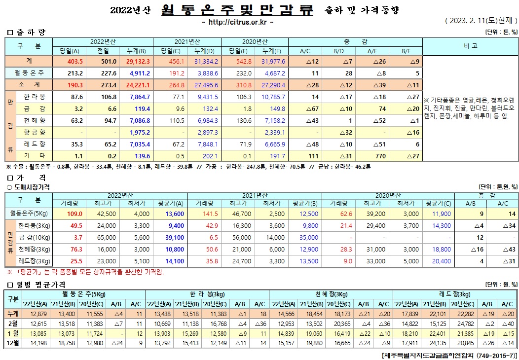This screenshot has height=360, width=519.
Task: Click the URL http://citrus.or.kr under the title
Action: [x=238, y=22]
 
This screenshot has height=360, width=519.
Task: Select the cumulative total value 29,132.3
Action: [x=138, y=61]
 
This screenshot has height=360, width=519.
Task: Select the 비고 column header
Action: [x=470, y=46]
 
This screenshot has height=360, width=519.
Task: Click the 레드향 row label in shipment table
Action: [x=35, y=144]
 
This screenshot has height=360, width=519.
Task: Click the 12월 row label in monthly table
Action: [x=13, y=343]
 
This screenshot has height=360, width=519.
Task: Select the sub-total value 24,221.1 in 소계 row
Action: [x=138, y=85]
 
